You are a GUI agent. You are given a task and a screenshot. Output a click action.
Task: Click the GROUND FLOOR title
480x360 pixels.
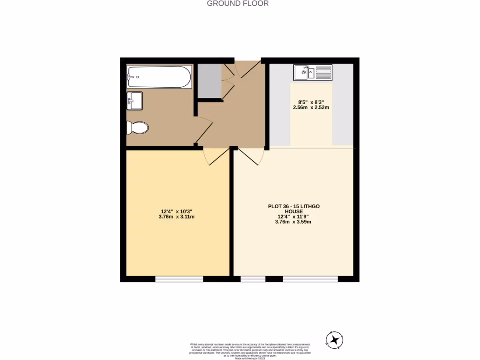click(238, 4)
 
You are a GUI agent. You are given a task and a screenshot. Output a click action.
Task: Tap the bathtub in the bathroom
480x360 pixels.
click(159, 77)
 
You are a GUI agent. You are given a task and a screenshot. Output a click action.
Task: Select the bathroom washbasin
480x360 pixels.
click(135, 101)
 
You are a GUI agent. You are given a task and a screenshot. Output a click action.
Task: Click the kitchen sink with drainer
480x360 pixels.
click(313, 73)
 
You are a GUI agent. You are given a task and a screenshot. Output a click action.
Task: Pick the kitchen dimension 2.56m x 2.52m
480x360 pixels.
click(311, 107)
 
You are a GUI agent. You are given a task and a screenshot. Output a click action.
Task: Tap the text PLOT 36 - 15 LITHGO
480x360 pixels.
click(293, 206)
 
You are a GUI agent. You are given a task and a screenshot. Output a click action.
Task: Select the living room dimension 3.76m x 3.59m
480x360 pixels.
click(293, 222)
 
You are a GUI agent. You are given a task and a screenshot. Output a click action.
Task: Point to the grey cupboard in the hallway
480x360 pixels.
click(209, 81)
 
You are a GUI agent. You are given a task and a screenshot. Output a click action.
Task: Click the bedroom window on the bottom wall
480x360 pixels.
click(179, 279)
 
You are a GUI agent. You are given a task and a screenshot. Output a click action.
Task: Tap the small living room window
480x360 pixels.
click(253, 279)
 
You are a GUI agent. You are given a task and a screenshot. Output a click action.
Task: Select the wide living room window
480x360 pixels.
click(310, 279)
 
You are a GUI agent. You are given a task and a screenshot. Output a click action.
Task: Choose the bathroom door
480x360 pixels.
click(203, 130)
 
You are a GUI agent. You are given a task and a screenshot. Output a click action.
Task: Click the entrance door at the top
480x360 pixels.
click(247, 69)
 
